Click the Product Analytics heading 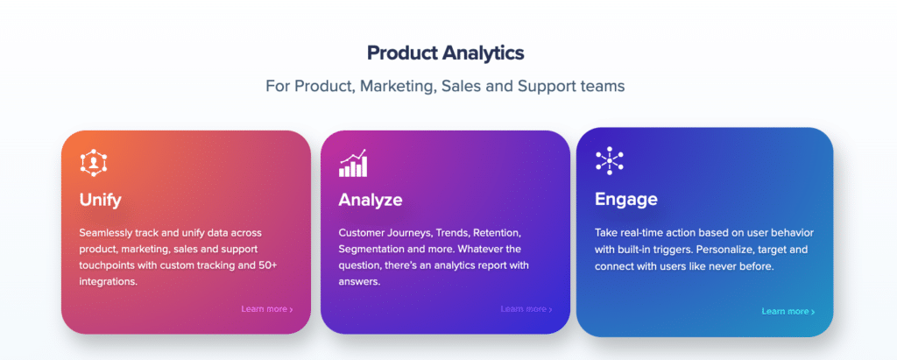tap(445, 53)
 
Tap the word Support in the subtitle tap(547, 87)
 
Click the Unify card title tap(100, 200)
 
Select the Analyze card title tap(371, 200)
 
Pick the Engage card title tap(625, 199)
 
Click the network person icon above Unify tap(94, 163)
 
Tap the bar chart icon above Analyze tap(353, 163)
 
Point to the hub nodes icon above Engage tap(610, 161)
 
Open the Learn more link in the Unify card tap(267, 309)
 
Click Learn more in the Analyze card tap(526, 309)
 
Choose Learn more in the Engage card tap(788, 311)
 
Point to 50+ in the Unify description tap(267, 266)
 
